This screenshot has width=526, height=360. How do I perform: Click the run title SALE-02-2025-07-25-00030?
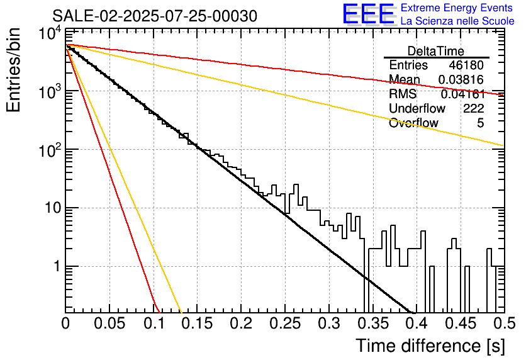click(155, 16)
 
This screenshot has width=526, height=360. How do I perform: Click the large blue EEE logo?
click(368, 14)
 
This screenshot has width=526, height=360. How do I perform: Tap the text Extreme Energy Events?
click(457, 8)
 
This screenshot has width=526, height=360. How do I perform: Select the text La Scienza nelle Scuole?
click(457, 21)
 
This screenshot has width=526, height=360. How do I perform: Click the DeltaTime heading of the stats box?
click(436, 51)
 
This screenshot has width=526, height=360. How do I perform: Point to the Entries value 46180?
click(466, 65)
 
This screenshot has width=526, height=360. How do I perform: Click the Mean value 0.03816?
click(462, 80)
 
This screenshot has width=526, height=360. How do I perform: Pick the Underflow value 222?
click(473, 109)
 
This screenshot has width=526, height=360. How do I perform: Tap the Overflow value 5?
click(480, 123)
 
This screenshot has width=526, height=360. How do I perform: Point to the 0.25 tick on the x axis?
click(284, 325)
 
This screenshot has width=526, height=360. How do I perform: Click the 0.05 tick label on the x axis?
click(109, 325)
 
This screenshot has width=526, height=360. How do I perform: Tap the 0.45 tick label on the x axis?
click(459, 325)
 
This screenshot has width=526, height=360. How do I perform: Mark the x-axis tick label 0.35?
click(372, 325)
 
